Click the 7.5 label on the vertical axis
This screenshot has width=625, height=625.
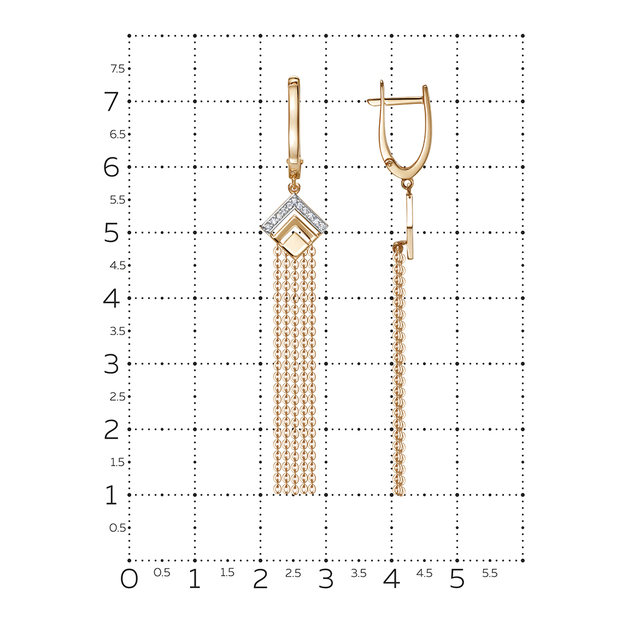click(117, 69)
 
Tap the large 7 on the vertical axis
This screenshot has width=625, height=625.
click(111, 101)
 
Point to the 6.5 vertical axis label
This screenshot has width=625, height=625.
click(117, 134)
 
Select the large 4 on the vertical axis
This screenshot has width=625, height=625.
click(111, 298)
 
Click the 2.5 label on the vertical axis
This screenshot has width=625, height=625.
click(117, 397)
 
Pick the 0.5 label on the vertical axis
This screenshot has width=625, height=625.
click(117, 527)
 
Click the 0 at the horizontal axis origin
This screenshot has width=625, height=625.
click(129, 579)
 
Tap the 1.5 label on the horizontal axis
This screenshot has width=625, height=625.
click(227, 572)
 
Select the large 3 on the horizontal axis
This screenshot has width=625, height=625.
click(326, 579)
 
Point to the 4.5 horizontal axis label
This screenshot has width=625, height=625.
click(424, 572)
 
